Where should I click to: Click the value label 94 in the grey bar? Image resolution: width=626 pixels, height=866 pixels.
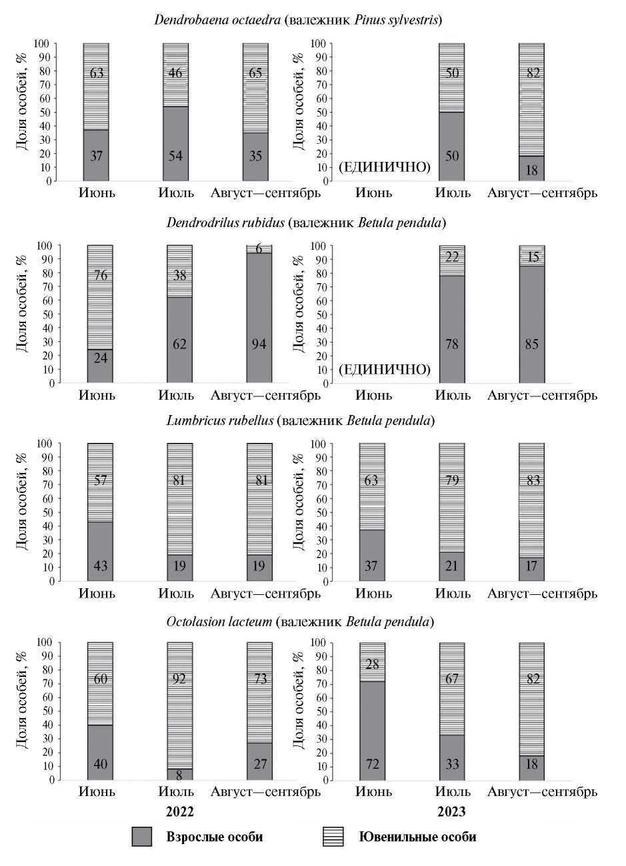259,344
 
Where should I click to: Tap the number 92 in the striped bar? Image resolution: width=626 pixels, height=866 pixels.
180,679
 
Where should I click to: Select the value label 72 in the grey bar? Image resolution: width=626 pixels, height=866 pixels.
373,764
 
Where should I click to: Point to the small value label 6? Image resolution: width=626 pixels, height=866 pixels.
259,248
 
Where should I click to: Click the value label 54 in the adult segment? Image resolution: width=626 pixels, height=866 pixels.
176,156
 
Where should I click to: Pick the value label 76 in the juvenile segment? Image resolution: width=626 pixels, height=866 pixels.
101,274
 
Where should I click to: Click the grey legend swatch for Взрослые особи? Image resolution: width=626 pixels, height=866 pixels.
143,837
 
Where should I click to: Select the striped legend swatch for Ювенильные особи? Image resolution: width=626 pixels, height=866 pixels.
333,837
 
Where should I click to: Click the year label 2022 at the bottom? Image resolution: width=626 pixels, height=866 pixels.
180,812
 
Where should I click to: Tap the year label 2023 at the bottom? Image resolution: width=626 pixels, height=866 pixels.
451,812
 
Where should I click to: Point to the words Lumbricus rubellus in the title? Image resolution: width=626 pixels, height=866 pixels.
220,421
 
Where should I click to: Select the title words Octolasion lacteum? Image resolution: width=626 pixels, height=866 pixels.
219,622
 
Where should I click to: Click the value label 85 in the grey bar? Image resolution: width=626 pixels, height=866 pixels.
532,344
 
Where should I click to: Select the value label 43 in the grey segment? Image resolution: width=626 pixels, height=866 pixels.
101,566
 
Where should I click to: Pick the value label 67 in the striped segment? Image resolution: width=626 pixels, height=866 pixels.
452,679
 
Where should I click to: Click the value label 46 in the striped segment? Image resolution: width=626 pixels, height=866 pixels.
176,73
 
